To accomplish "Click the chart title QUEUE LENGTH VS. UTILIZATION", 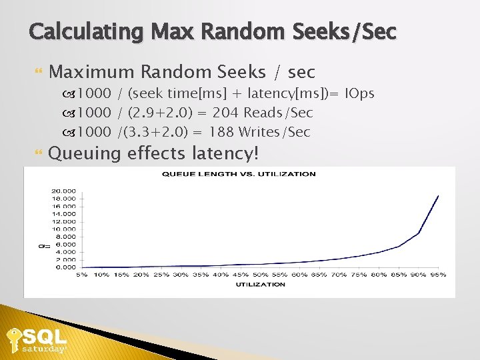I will [239, 174].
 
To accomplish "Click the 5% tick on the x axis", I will [82, 275].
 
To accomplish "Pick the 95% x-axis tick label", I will [438, 275].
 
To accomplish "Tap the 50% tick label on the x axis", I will [260, 275].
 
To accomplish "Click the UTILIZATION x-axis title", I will [260, 285].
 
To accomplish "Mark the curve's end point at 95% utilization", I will [438, 196].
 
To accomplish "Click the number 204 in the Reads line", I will [225, 113].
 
